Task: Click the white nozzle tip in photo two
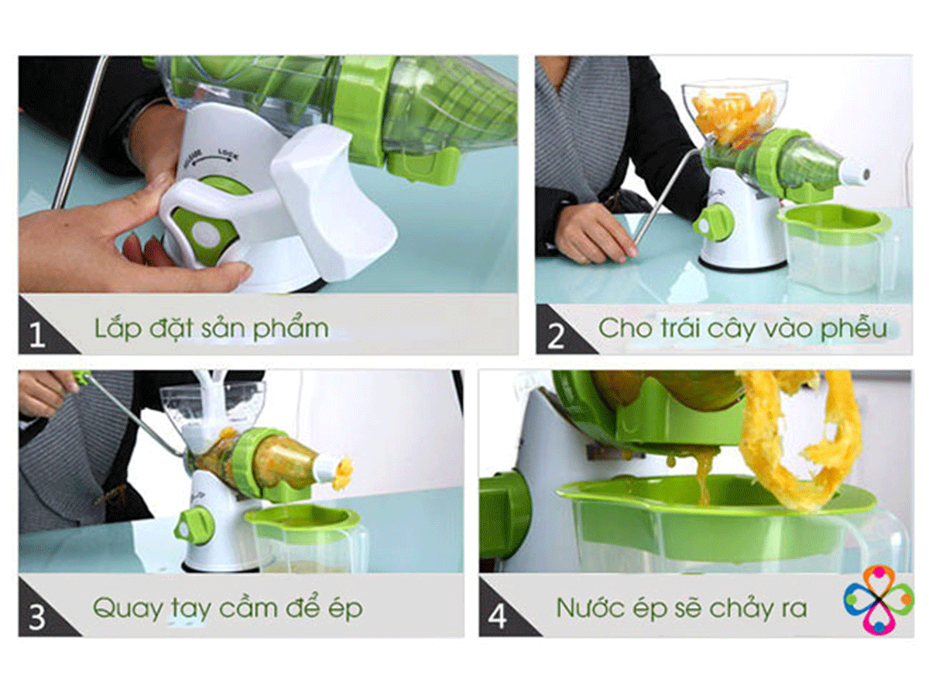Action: [x=855, y=173]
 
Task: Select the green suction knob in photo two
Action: [x=716, y=222]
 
